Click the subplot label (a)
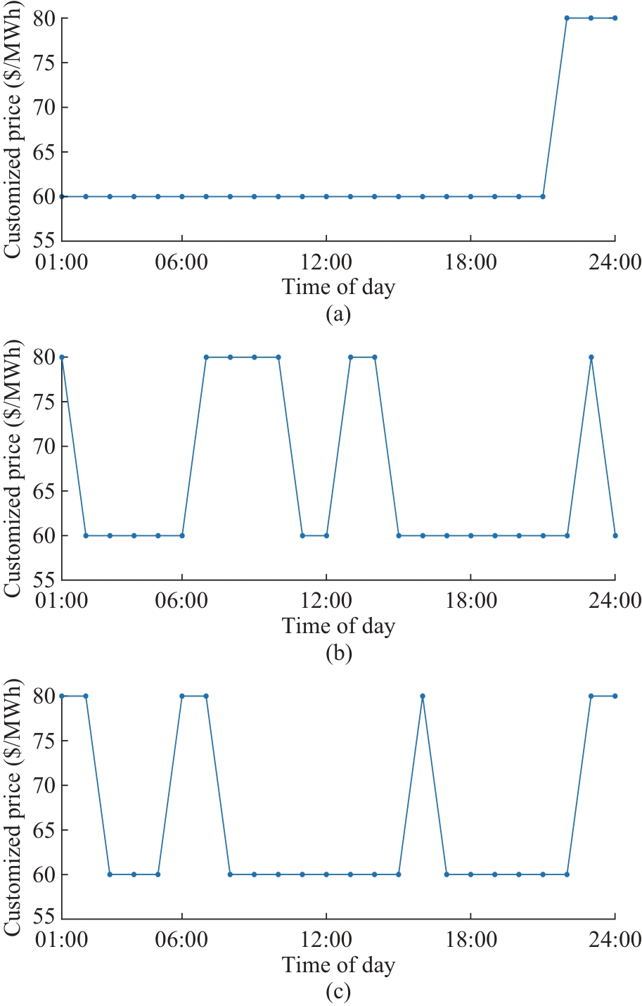pyautogui.click(x=338, y=314)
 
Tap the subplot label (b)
pyautogui.click(x=338, y=653)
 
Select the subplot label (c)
pyautogui.click(x=338, y=992)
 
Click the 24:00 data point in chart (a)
pyautogui.click(x=615, y=18)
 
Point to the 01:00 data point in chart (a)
pyautogui.click(x=62, y=196)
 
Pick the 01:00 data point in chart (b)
pyautogui.click(x=62, y=357)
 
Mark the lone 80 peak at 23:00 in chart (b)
pyautogui.click(x=591, y=357)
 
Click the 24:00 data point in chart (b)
pyautogui.click(x=615, y=535)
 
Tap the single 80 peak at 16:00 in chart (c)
pyautogui.click(x=423, y=696)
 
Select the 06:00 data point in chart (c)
pyautogui.click(x=182, y=696)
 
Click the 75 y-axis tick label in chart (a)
pyautogui.click(x=45, y=63)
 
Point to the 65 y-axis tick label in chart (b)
pyautogui.click(x=45, y=491)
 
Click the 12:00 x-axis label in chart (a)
pyautogui.click(x=326, y=262)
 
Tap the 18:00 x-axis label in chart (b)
pyautogui.click(x=470, y=601)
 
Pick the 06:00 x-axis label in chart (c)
pyautogui.click(x=182, y=940)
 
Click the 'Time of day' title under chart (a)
pyautogui.click(x=338, y=287)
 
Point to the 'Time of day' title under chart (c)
pyautogui.click(x=338, y=965)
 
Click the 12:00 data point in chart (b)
pyautogui.click(x=326, y=535)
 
